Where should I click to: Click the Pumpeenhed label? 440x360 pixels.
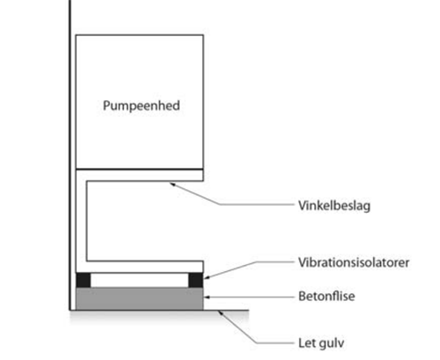click(142, 106)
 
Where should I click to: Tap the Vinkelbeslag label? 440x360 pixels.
click(334, 206)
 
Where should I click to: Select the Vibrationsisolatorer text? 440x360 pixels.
click(354, 262)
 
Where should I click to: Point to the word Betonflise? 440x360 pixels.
click(326, 296)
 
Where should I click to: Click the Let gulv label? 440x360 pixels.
click(321, 343)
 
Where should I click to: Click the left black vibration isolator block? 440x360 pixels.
click(84, 280)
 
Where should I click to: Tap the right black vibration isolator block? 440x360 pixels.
click(195, 280)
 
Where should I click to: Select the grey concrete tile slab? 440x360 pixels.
click(140, 298)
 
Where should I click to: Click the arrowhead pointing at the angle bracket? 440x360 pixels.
click(172, 184)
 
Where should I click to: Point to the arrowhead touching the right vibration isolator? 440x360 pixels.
click(207, 277)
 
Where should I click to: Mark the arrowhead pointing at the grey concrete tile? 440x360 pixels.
click(207, 297)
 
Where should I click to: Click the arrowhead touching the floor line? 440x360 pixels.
click(221, 313)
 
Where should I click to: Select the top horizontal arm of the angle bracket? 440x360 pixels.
click(140, 175)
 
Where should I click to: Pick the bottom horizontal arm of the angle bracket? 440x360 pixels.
click(140, 267)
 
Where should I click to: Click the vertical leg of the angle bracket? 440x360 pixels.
click(81, 221)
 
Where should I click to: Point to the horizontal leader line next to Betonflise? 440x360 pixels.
click(252, 297)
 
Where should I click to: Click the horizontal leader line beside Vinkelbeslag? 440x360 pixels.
click(257, 204)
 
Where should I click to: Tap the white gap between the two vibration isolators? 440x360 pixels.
click(139, 280)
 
